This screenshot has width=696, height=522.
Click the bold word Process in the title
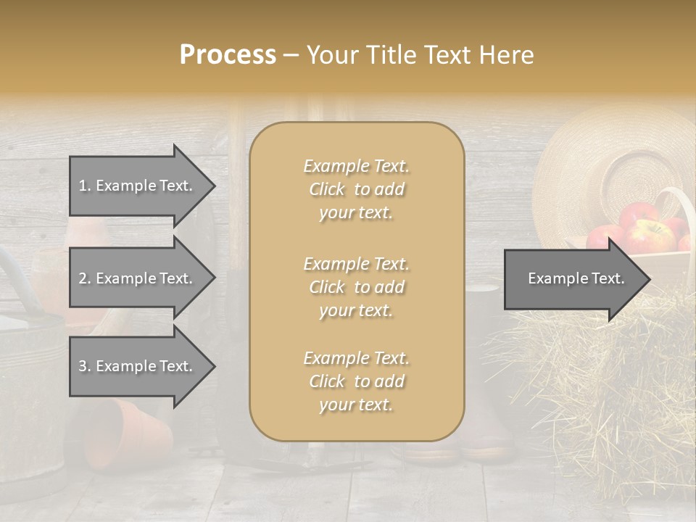[x=228, y=55]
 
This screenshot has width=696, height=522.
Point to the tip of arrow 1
[x=215, y=186]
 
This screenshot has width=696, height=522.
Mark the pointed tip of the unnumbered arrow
[x=650, y=278]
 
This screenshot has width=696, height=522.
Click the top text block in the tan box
[x=356, y=189]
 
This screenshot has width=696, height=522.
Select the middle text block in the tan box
[x=356, y=287]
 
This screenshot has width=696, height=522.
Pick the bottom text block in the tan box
[x=356, y=381]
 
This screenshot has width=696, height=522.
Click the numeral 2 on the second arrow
[x=83, y=278]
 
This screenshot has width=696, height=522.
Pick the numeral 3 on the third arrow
[x=83, y=366]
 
